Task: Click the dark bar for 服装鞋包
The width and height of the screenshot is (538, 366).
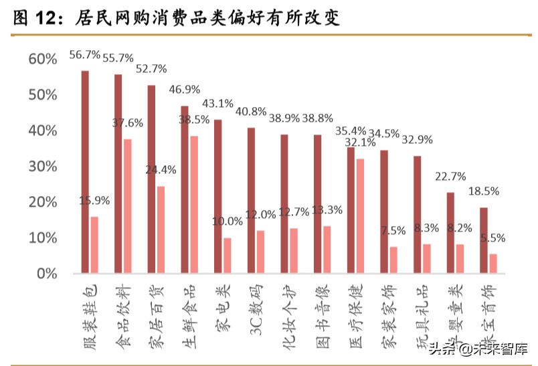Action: point(85,172)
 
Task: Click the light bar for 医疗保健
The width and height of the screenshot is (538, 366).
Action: point(359,216)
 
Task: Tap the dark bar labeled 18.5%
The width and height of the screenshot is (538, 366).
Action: point(483,240)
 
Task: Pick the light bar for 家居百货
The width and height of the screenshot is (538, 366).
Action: point(161,230)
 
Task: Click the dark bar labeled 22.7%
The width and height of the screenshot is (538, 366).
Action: point(450,233)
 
